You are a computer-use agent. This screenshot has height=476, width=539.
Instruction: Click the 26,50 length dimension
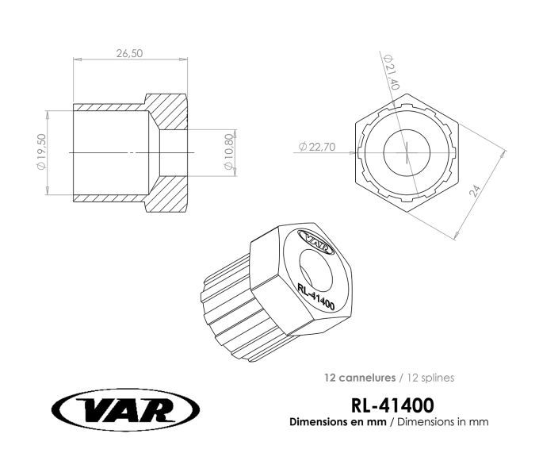pyautogui.click(x=129, y=54)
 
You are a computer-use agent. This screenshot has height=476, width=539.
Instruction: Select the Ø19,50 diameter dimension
pyautogui.click(x=41, y=152)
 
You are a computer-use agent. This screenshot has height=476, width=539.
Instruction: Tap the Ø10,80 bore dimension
pyautogui.click(x=229, y=152)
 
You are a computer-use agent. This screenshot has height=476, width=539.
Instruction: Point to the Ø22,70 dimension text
pyautogui.click(x=317, y=147)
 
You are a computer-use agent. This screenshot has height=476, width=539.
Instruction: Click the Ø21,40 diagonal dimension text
pyautogui.click(x=392, y=72)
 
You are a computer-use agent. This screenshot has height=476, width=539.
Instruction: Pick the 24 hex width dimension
pyautogui.click(x=475, y=191)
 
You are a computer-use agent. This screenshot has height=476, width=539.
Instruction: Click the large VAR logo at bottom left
pyautogui.click(x=126, y=410)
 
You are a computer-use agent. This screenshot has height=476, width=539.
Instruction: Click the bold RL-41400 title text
pyautogui.click(x=392, y=405)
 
